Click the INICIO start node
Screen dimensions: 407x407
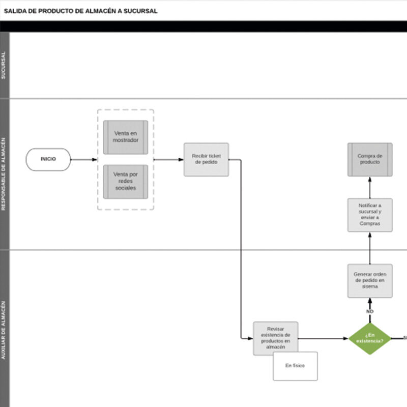(48, 159)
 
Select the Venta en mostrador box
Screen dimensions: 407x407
(126, 137)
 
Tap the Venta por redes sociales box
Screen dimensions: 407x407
(126, 181)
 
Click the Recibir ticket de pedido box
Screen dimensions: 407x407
(206, 159)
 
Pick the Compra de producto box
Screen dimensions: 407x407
(370, 159)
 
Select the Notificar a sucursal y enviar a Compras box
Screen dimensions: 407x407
(370, 215)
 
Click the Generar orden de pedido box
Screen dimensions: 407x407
(370, 280)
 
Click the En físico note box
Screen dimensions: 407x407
(295, 366)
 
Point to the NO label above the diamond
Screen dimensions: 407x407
(370, 311)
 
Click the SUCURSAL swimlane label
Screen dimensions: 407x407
(5, 65)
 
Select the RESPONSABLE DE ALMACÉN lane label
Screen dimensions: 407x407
(5, 173)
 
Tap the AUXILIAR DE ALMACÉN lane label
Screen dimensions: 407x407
(5, 331)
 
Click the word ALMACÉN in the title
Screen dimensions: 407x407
(99, 11)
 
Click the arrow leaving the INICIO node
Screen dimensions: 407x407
(83, 159)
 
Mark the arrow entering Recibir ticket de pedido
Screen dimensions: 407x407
(169, 159)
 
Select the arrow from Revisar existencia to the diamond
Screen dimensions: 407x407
(324, 338)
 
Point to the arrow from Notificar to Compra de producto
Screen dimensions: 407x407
(370, 188)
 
